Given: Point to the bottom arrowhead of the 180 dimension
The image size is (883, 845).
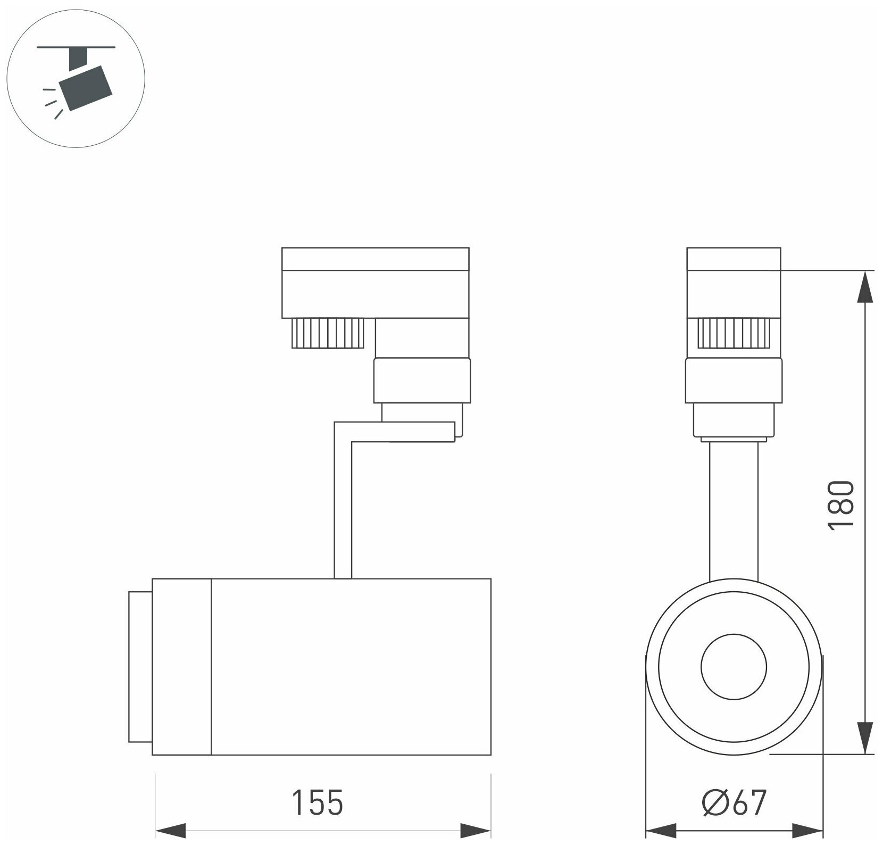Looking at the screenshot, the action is [867, 738].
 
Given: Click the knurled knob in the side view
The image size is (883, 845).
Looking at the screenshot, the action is [327, 333].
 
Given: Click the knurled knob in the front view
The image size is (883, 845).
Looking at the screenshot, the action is [734, 333].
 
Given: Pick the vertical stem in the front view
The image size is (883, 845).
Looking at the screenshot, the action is [734, 511].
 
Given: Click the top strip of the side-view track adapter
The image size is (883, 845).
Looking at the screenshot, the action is [375, 259].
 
